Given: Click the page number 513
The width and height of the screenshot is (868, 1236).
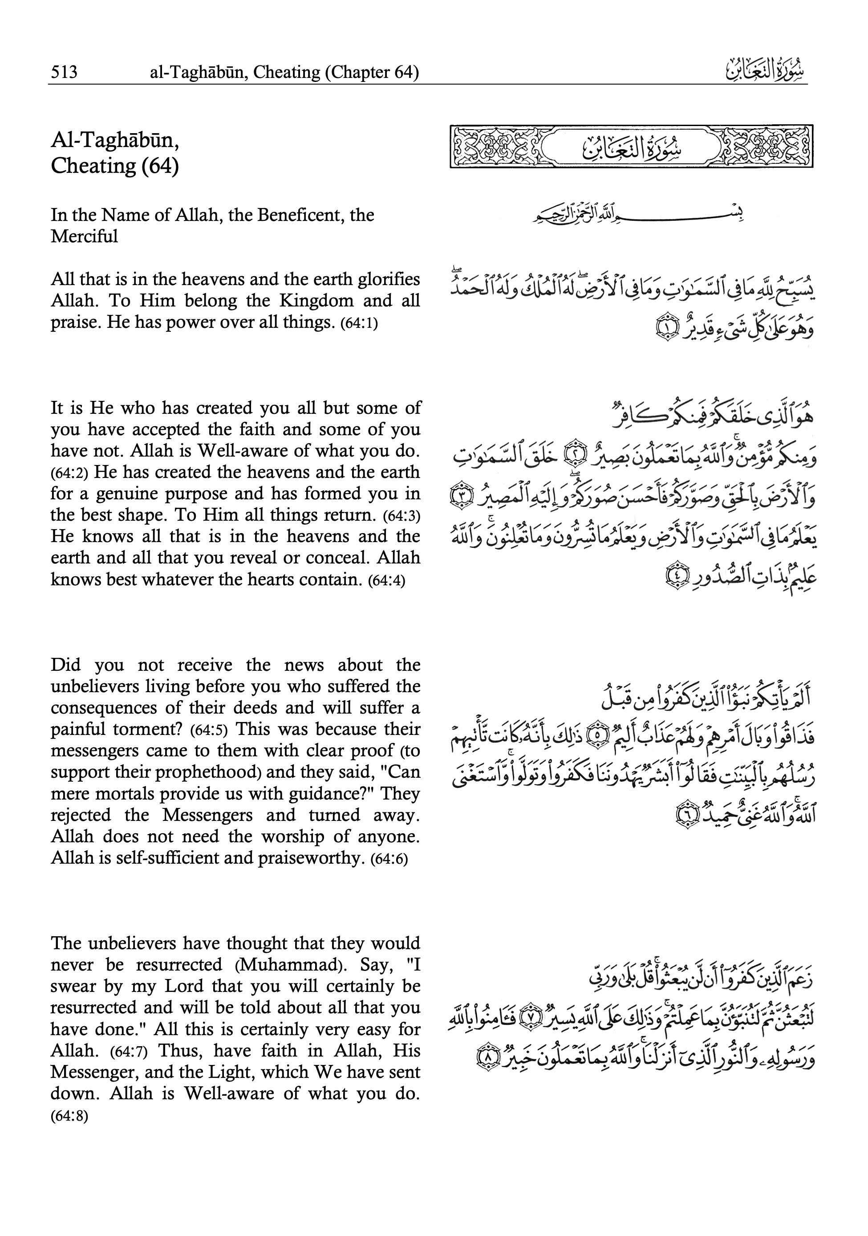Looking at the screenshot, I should [x=64, y=72].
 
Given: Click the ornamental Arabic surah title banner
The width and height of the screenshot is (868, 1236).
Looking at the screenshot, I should [x=631, y=147].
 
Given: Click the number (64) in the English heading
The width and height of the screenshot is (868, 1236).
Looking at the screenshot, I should [x=160, y=165].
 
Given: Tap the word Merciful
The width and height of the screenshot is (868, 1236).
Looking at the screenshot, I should [x=84, y=237].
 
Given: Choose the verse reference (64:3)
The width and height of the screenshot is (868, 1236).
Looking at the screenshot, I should [x=402, y=516].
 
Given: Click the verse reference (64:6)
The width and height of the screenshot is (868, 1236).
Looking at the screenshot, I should [x=389, y=859].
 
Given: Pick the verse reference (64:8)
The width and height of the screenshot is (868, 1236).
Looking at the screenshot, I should [x=69, y=1115].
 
